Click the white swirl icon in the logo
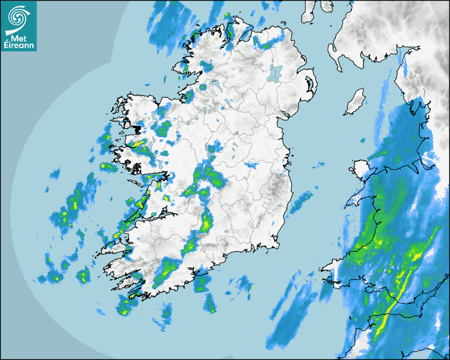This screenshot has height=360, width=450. pos(19,15)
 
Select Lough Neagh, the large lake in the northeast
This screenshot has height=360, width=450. pos(276,73)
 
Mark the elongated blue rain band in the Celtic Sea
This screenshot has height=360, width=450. pos(289,318)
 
